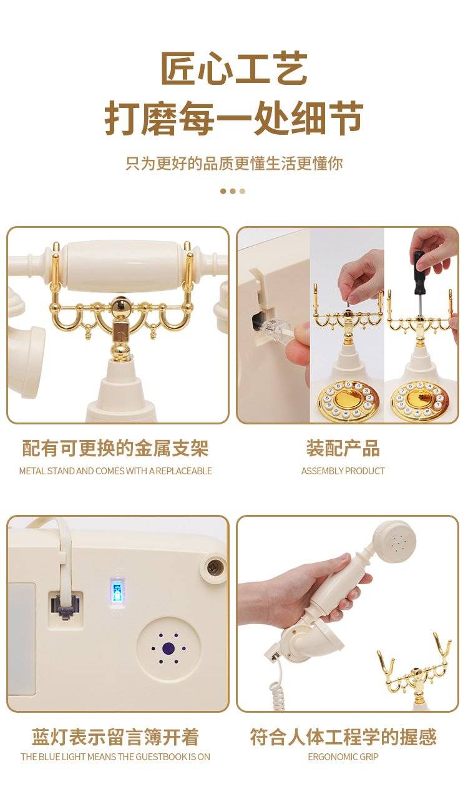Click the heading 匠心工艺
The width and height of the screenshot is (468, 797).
tap(234, 69)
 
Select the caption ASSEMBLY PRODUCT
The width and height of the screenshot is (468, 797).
tap(343, 471)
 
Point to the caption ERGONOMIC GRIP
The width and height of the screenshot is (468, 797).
tap(343, 757)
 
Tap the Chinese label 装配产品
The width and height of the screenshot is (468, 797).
tap(343, 448)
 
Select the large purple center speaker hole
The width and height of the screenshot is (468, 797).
tap(168, 648)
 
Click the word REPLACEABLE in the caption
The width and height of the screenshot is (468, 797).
tap(183, 471)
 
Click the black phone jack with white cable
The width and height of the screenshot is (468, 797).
tap(65, 607)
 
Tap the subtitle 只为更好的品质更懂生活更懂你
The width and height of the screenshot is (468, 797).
tap(234, 164)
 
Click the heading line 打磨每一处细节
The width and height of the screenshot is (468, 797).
tap(234, 118)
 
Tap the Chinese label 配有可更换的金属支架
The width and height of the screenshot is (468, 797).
tap(115, 448)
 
